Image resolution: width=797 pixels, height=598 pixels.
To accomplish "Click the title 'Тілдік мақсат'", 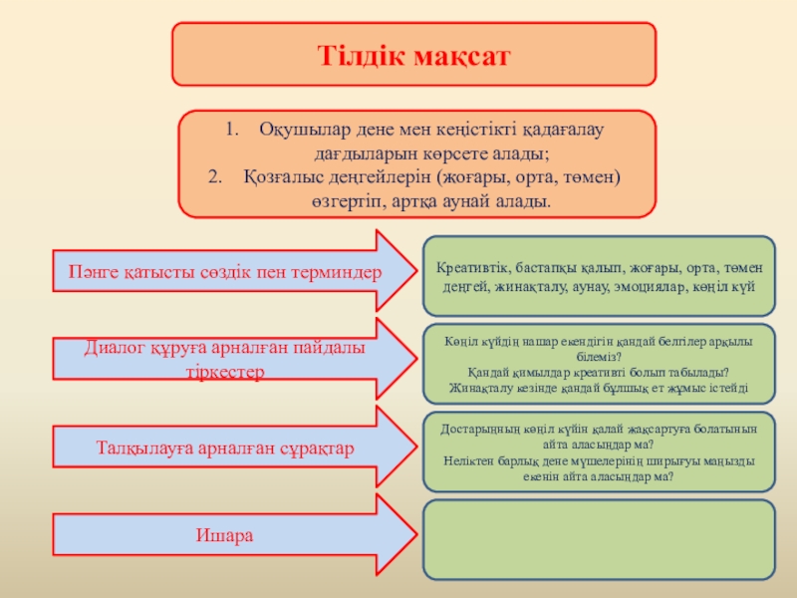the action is coord(413,55).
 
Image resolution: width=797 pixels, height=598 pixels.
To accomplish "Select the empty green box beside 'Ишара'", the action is coord(600,539).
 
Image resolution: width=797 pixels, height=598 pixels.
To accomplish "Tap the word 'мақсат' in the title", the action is coord(463,55).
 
